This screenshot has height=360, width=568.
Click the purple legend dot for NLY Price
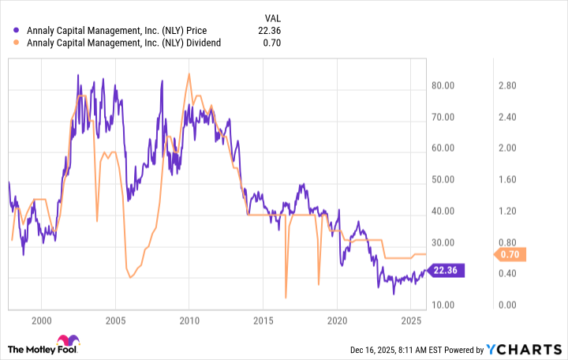pyautogui.click(x=17, y=31)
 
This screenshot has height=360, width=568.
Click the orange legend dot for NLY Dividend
pyautogui.click(x=17, y=43)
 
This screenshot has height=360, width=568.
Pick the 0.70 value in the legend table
pyautogui.click(x=272, y=43)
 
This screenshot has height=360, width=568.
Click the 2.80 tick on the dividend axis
pyautogui.click(x=506, y=85)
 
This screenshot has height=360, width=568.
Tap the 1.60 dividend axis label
pyautogui.click(x=506, y=179)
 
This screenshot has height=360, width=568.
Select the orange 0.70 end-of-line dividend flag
pyautogui.click(x=510, y=254)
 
